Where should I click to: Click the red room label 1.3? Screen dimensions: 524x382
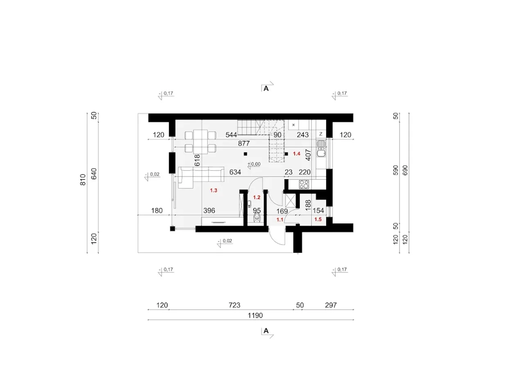point(214,191)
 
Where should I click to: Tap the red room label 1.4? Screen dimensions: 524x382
point(296,154)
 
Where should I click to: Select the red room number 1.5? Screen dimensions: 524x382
point(318,220)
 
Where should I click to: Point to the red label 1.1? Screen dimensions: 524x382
point(280,220)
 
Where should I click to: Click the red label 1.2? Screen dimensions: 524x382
point(257,198)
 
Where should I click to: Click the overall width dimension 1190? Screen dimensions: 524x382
point(255,316)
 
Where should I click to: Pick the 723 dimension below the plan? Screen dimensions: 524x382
point(235,305)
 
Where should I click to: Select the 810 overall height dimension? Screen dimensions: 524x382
point(83,180)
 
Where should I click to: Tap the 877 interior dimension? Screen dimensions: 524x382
point(244,143)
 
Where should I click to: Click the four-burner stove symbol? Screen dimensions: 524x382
point(304,184)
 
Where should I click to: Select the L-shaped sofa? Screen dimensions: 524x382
point(201,177)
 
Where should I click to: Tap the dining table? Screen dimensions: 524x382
point(200,142)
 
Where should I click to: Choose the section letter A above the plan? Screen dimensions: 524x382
point(266,89)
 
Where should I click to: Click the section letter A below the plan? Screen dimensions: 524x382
point(266,331)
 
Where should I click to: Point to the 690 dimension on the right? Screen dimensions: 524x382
point(405,170)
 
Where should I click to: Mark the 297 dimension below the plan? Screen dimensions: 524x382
point(331,305)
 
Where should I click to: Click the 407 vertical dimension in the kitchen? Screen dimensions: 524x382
point(308,155)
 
